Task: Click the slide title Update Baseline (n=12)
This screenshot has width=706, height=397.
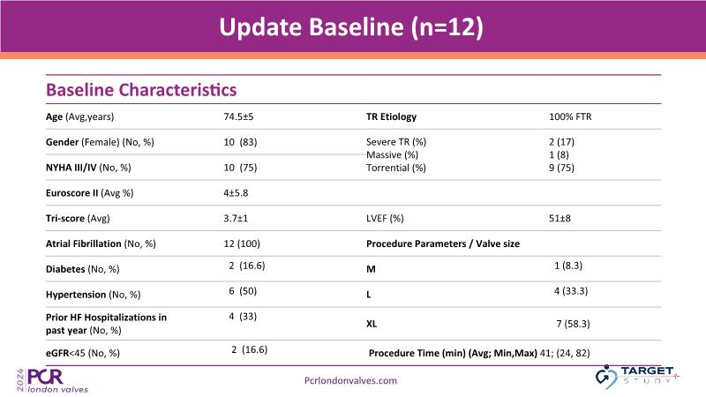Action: point(351,27)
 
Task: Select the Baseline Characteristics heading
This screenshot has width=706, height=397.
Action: point(141,90)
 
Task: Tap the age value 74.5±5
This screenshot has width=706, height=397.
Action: point(238,116)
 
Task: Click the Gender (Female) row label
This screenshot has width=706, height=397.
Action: point(100,142)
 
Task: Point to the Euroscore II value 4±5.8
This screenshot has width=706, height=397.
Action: point(236,193)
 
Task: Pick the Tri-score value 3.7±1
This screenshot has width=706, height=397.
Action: point(236,218)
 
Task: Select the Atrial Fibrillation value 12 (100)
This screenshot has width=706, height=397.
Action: point(242,243)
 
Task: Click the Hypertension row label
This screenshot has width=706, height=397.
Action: point(94,295)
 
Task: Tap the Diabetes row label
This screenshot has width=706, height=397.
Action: point(82,269)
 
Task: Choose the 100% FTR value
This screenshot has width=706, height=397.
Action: point(570,116)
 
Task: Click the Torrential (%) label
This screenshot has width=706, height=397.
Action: point(395,168)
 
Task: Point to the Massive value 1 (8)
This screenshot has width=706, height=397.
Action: point(559,155)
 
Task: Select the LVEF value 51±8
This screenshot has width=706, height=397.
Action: point(560,218)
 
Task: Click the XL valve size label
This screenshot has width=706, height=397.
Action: point(372,324)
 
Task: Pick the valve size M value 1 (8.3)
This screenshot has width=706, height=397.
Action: point(568,266)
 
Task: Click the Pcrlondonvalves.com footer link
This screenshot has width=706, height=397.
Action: point(350,381)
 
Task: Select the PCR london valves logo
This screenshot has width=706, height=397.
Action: point(53,381)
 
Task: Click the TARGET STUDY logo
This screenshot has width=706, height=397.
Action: point(636,377)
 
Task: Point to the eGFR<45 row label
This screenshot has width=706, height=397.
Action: point(83,354)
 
